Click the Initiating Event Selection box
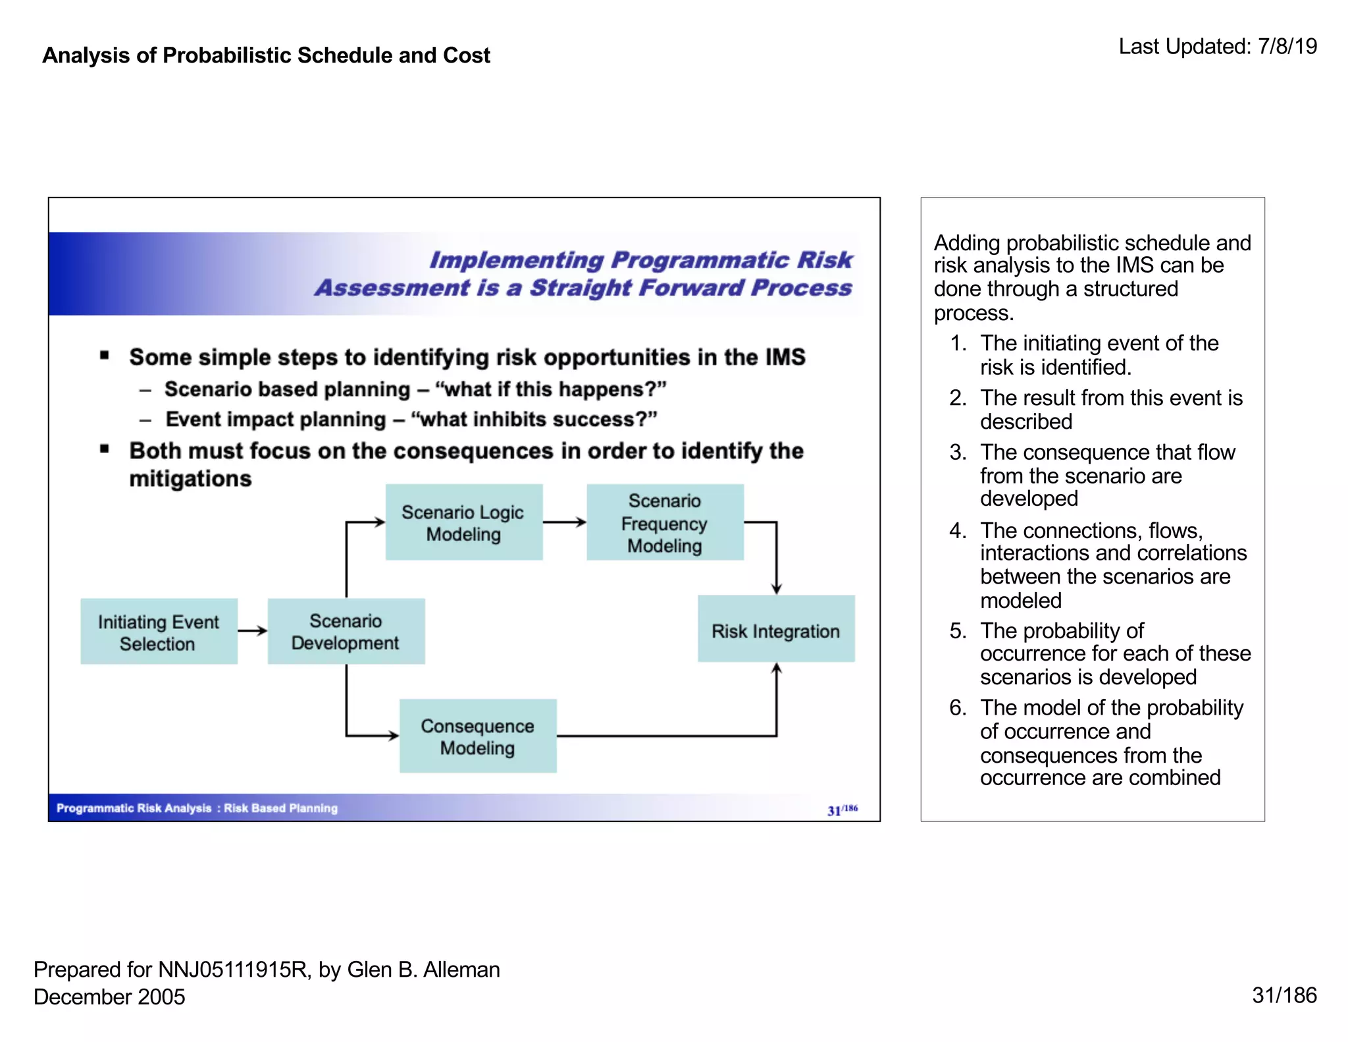tap(159, 631)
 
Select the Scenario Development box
tap(346, 631)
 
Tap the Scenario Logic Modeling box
tap(463, 522)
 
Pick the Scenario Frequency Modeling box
tap(665, 522)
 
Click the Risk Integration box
tap(775, 629)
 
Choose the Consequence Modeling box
tap(478, 736)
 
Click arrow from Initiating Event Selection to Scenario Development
tap(252, 631)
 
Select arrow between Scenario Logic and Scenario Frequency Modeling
tap(564, 522)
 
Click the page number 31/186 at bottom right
tap(1283, 995)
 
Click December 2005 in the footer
tap(109, 997)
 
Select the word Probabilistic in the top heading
tap(227, 55)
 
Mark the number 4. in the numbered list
tap(958, 530)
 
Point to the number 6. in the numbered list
tap(958, 707)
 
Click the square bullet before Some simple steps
tap(105, 356)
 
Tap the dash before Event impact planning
tap(146, 420)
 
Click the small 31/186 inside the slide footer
tap(842, 809)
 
